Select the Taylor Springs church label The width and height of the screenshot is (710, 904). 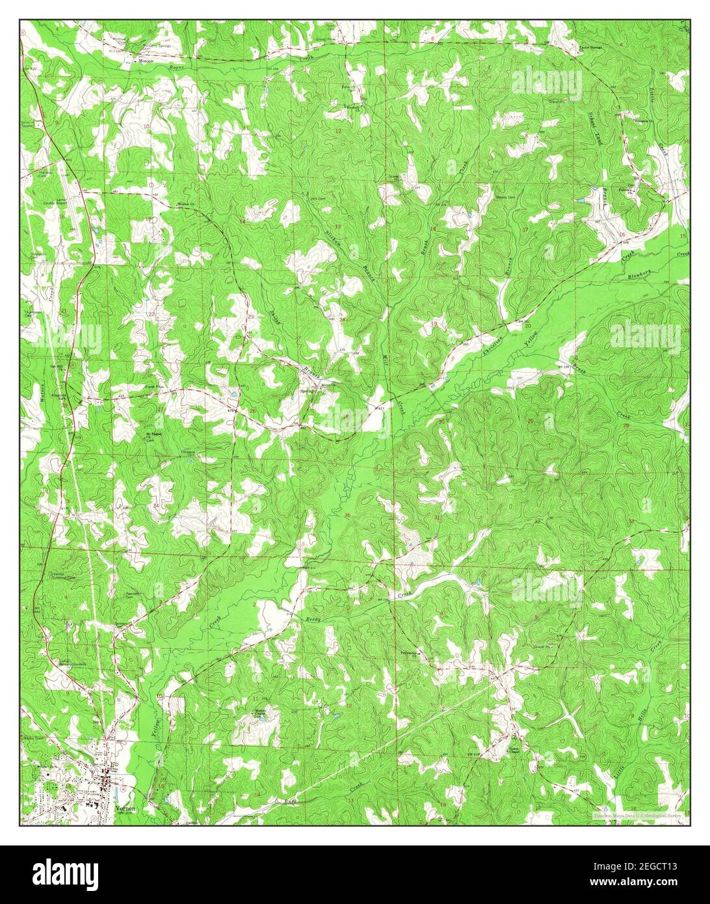tap(591, 47)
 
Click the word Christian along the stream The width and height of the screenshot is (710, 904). tap(493, 339)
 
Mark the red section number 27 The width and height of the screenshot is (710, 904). tap(160, 409)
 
